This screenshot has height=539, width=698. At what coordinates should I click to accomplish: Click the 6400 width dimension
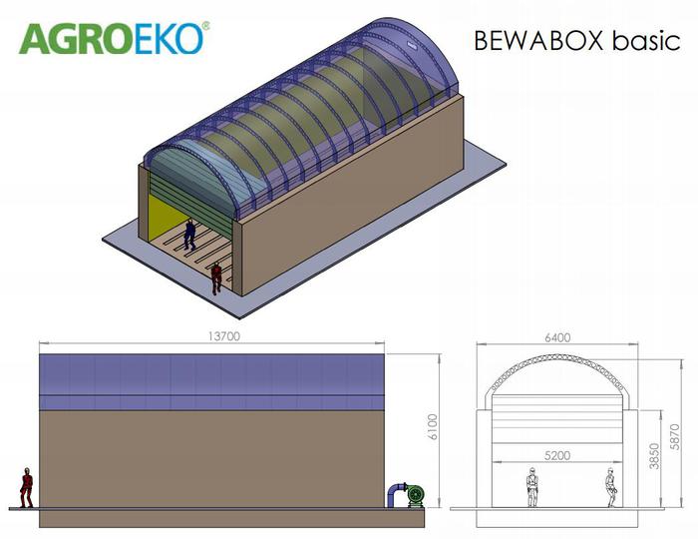coord(558,337)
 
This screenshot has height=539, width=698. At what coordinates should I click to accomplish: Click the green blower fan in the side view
coord(409,495)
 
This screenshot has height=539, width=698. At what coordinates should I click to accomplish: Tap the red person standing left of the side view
coord(27,488)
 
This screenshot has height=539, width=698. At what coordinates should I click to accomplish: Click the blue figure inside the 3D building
coord(189,233)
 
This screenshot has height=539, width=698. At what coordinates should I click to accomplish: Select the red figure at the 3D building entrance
coord(216,276)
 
